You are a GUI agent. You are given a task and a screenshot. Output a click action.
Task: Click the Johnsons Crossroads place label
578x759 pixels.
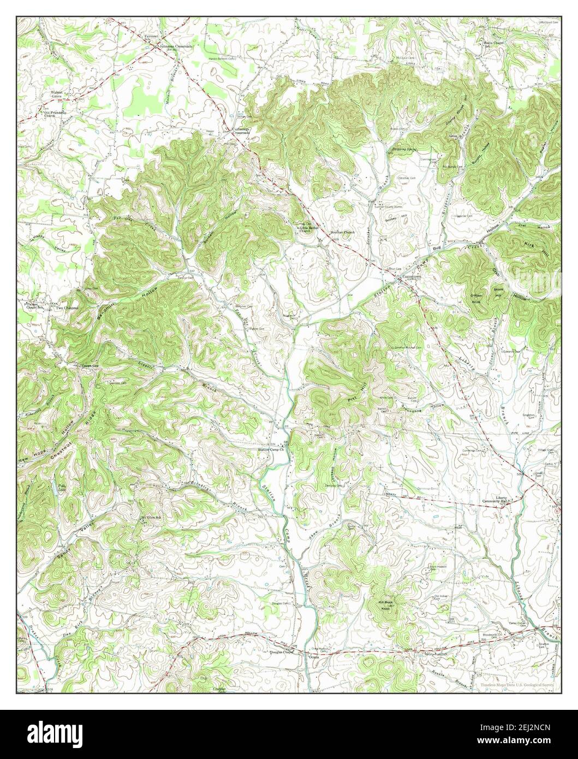[x=174, y=47]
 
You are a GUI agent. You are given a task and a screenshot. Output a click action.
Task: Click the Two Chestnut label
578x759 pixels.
[x=67, y=307]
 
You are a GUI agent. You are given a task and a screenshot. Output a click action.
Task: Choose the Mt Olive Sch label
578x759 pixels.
[x=151, y=517]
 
